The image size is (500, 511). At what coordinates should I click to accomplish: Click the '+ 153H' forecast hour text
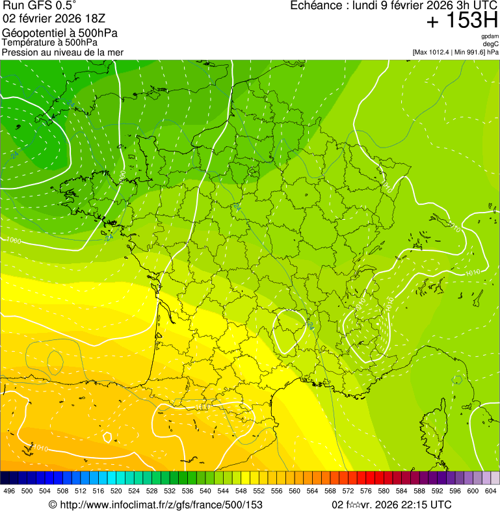pyautogui.click(x=462, y=21)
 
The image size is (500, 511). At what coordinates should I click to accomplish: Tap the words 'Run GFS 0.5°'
pyautogui.click(x=40, y=7)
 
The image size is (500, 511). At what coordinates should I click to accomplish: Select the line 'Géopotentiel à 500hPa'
pyautogui.click(x=60, y=33)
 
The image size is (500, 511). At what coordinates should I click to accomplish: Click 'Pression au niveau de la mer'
pyautogui.click(x=62, y=52)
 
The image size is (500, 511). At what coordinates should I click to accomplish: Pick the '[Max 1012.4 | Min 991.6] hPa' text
pyautogui.click(x=455, y=52)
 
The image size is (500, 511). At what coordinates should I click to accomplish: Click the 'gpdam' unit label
pyautogui.click(x=490, y=37)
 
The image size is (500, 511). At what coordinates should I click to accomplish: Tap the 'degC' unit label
pyautogui.click(x=492, y=44)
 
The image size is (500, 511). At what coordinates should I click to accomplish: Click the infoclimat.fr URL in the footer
pyautogui.click(x=155, y=504)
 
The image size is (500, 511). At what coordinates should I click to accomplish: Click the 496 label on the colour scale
pyautogui.click(x=9, y=491)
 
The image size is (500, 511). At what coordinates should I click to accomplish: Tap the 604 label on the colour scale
pyautogui.click(x=491, y=491)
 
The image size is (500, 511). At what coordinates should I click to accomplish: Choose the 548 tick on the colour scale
pyautogui.click(x=241, y=491)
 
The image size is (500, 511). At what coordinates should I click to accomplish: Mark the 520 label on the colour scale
pyautogui.click(x=116, y=491)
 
